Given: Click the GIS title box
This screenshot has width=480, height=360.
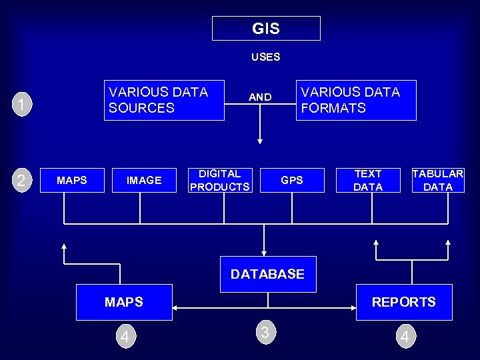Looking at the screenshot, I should (x=266, y=29).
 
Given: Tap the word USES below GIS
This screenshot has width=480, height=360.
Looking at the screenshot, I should (x=265, y=57).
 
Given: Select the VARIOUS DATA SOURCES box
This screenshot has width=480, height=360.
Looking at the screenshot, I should (x=164, y=100).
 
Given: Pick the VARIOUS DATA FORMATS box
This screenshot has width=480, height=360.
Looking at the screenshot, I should (x=356, y=100).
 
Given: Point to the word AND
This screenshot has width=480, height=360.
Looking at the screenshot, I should (x=260, y=97).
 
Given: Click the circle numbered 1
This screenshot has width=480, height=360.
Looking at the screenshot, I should (x=23, y=105).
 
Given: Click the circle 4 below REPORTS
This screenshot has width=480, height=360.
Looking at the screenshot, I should (x=404, y=337).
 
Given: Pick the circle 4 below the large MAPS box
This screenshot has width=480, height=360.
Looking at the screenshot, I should (x=124, y=337).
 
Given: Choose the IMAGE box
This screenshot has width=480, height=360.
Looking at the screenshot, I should (x=144, y=180).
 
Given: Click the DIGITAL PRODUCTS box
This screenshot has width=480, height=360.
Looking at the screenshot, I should (x=220, y=180).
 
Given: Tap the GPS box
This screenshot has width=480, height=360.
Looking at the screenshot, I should (x=292, y=180).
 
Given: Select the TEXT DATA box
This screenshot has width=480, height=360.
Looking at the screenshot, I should (x=368, y=180).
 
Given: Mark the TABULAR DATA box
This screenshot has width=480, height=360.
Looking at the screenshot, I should (x=438, y=180).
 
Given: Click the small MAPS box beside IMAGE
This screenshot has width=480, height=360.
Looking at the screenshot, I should (x=72, y=180).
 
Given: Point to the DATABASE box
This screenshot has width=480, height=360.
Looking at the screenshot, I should (x=267, y=274).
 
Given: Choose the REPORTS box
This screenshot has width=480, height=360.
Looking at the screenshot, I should (x=404, y=302).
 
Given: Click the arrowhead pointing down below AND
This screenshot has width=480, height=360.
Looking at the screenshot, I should (x=260, y=141).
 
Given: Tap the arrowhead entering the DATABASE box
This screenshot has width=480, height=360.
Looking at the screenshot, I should (x=264, y=252).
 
